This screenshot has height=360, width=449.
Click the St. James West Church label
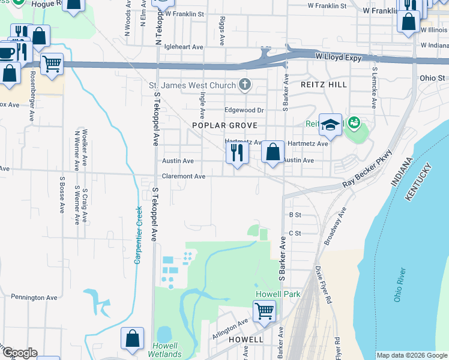click(192, 85)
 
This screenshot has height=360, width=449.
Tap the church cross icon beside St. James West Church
click(244, 85)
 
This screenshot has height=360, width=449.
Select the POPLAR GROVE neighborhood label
click(224, 125)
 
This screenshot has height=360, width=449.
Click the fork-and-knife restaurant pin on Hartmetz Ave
click(237, 153)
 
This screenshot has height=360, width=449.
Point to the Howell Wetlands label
click(164, 350)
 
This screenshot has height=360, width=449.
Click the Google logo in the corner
click(19, 353)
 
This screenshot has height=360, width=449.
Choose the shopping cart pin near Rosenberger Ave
click(52, 64)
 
